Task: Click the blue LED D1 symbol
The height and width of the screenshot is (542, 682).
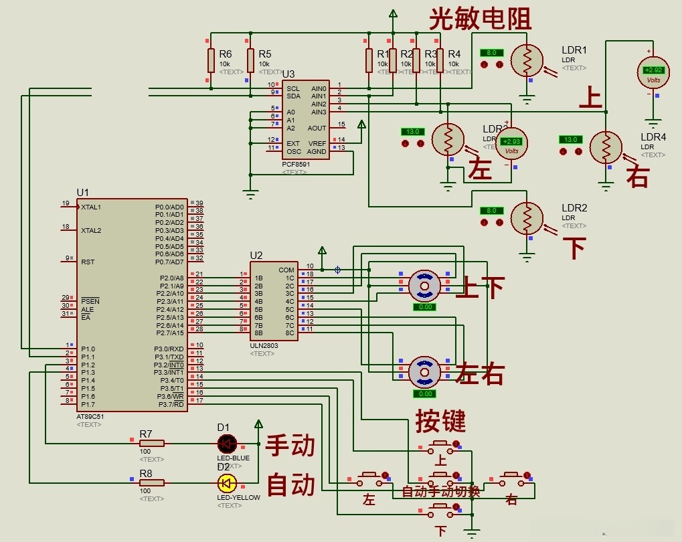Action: point(227,443)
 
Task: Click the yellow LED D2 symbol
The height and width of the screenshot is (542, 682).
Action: point(227,482)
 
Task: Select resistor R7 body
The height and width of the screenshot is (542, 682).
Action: point(151,443)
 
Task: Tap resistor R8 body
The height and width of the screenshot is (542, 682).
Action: point(151,482)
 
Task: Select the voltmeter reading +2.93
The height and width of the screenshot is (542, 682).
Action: point(511,143)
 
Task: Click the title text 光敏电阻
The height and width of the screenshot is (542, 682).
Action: point(480,19)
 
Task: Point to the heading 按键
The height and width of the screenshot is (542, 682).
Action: point(440,421)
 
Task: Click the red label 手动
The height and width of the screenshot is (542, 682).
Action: point(290,446)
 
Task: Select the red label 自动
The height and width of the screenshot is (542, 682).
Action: point(290,485)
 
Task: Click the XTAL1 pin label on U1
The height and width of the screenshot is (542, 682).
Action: point(91,207)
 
